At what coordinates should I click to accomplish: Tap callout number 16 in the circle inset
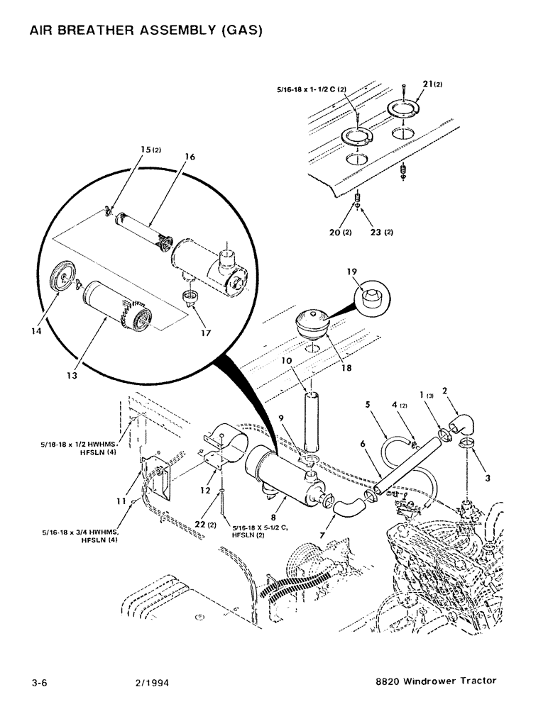coord(190,157)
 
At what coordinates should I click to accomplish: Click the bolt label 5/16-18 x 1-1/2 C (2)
coord(310,90)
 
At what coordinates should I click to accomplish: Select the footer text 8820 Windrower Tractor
coord(436,681)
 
